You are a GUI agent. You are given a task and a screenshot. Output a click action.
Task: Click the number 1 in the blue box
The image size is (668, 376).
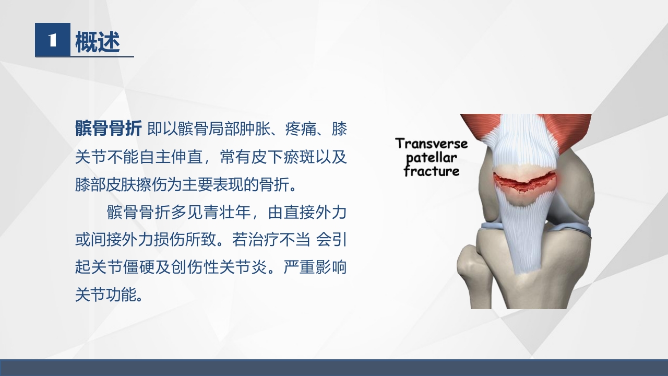pyautogui.click(x=52, y=40)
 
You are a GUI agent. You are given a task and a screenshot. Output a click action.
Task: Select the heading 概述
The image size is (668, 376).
pyautogui.click(x=98, y=42)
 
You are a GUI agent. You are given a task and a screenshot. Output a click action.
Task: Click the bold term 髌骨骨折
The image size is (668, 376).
pyautogui.click(x=108, y=129)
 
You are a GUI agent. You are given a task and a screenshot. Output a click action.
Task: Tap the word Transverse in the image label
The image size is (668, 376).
pyautogui.click(x=432, y=144)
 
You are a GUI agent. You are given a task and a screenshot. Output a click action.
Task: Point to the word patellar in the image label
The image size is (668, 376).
pyautogui.click(x=432, y=157)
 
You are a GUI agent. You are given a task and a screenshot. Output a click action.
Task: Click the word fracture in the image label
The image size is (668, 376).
pyautogui.click(x=432, y=171)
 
